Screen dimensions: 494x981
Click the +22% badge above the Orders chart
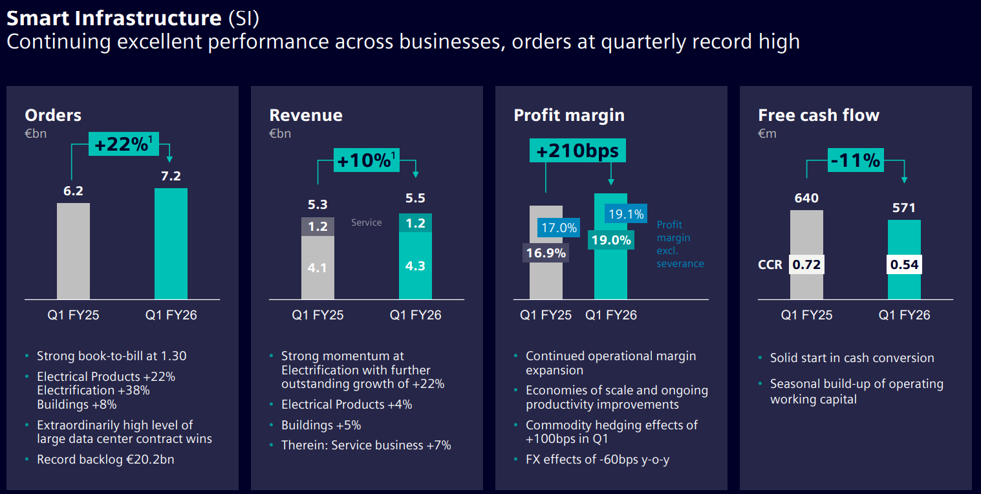click(122, 144)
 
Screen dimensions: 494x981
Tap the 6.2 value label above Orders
click(73, 191)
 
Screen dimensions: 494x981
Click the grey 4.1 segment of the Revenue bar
click(318, 266)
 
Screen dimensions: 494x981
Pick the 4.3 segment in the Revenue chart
click(415, 265)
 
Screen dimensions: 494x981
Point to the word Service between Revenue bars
click(367, 222)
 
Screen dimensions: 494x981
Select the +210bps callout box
click(577, 151)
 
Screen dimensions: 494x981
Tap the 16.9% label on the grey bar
click(546, 253)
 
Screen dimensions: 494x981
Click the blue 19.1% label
click(626, 214)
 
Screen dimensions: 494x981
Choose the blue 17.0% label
click(559, 228)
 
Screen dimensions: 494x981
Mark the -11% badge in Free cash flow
click(856, 160)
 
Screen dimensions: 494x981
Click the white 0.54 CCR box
click(904, 264)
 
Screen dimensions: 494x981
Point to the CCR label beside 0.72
click(770, 264)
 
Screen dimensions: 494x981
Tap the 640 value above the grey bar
click(806, 198)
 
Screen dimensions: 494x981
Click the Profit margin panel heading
click(569, 115)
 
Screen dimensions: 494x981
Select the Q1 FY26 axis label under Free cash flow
click(904, 316)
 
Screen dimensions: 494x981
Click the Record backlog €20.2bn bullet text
click(105, 460)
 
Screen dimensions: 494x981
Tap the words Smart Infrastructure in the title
click(114, 17)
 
